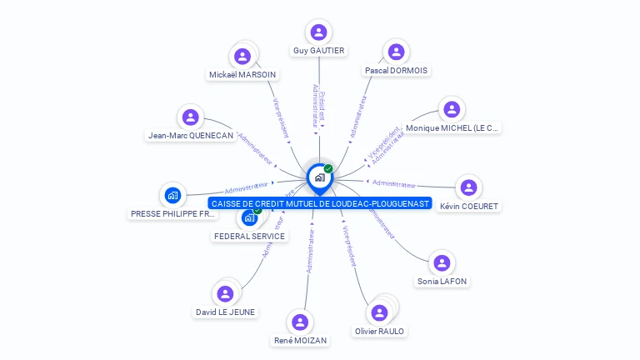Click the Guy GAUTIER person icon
tap(318, 32)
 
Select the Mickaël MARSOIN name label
tap(242, 74)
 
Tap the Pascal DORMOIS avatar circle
tap(396, 52)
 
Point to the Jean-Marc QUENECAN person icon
tap(191, 117)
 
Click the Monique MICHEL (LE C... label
tap(452, 128)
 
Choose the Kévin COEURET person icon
tap(468, 187)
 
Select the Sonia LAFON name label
tap(442, 282)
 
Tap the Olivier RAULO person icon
tap(379, 312)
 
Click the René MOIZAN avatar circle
tap(300, 322)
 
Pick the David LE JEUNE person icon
tap(225, 293)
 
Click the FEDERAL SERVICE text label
tap(249, 236)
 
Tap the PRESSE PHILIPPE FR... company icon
tap(172, 196)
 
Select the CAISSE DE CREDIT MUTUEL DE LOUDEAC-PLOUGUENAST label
tap(320, 203)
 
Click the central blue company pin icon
tap(319, 177)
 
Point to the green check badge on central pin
tap(328, 168)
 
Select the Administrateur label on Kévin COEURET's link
tap(393, 183)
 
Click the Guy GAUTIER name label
tap(318, 51)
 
